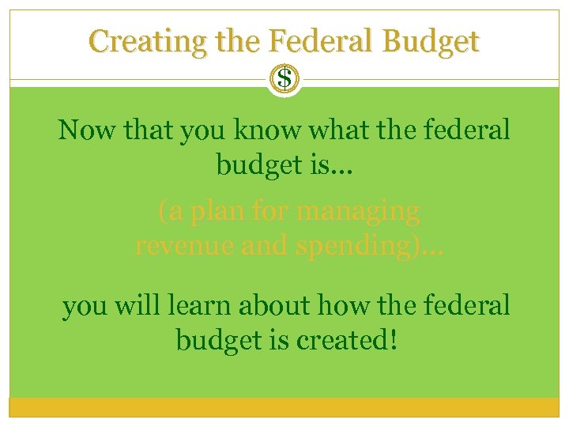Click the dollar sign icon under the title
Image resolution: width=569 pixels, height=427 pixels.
click(x=284, y=79)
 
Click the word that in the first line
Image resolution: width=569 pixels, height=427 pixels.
click(x=152, y=130)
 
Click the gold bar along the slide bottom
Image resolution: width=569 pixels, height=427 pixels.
click(x=284, y=406)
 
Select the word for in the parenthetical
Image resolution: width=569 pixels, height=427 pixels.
click(x=268, y=211)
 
